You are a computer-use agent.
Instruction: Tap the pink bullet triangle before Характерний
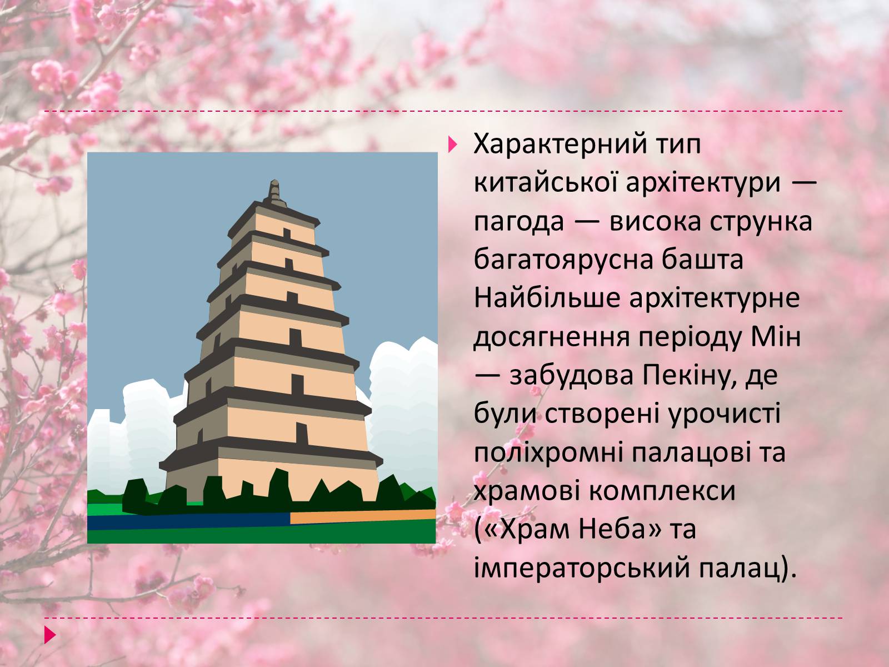(x=453, y=145)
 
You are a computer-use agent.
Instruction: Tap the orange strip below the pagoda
(x=363, y=516)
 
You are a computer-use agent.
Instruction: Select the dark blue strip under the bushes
(x=189, y=521)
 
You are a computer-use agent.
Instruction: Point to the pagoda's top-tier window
(x=287, y=233)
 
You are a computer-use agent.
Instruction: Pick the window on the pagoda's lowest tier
(x=302, y=434)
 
